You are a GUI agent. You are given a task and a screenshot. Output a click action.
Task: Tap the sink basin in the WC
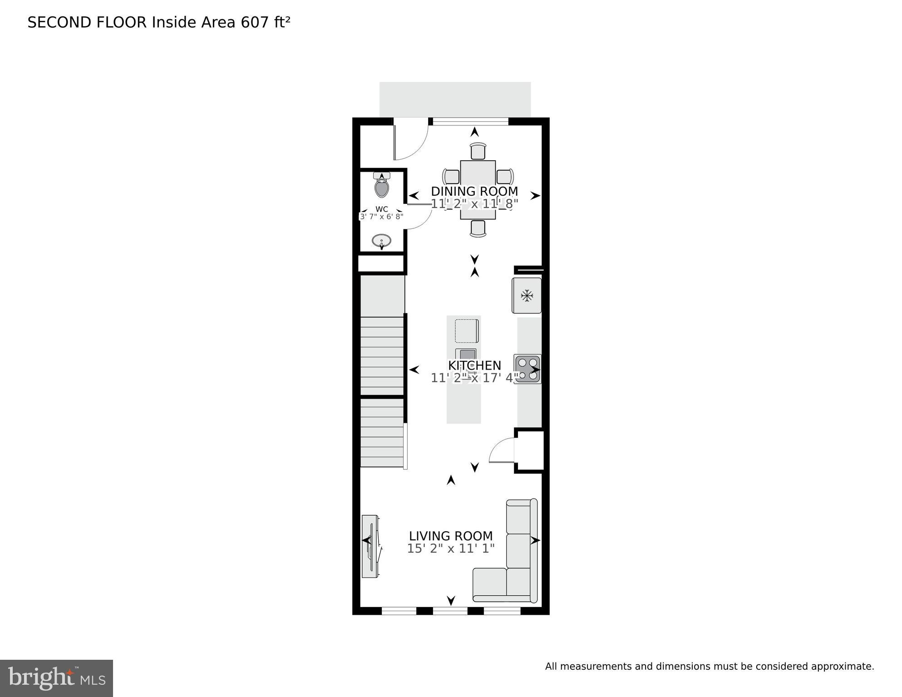[x=382, y=241]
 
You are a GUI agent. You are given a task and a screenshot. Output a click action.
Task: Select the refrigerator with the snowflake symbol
[x=527, y=296]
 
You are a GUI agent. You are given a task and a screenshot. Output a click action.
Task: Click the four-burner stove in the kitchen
[x=527, y=369]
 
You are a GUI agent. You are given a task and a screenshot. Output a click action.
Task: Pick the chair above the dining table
[x=478, y=151]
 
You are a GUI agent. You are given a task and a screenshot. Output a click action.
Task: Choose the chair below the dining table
[x=478, y=228]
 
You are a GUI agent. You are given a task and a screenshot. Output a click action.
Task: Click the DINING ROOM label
[x=474, y=191]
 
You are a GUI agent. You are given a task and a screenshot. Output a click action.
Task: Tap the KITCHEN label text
[x=474, y=366]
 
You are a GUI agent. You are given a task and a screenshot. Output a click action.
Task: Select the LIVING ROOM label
[x=451, y=536]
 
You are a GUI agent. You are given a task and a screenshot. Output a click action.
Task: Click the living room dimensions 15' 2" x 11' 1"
[x=451, y=549]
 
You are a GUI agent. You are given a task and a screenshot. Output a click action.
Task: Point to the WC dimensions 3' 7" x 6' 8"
[x=382, y=217]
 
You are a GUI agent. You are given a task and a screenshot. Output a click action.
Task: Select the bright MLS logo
[x=56, y=678]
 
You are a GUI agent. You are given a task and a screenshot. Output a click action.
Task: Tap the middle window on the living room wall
[x=450, y=611]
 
